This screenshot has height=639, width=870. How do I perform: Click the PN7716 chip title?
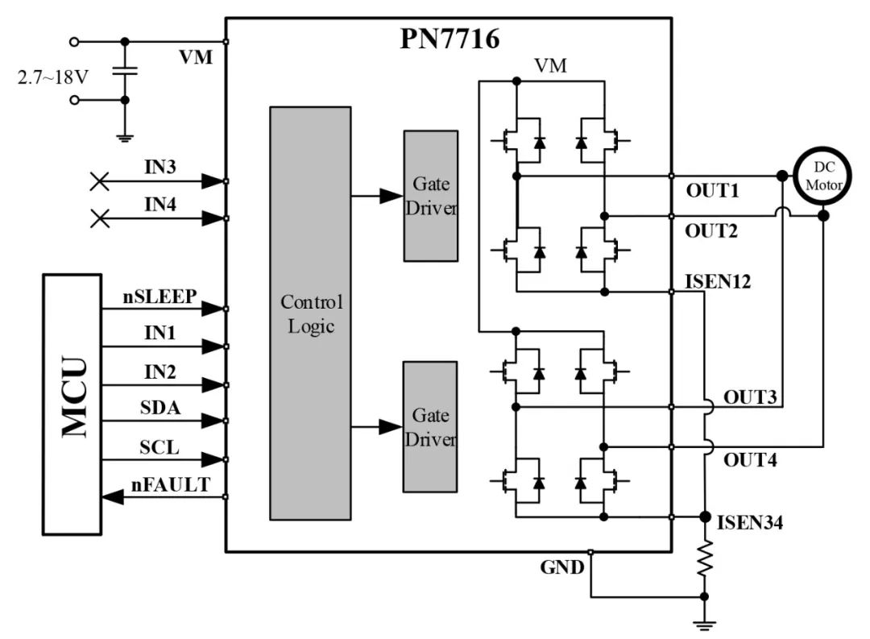tap(449, 39)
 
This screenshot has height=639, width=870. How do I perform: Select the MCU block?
tap(72, 405)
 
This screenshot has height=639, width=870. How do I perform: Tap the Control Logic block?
tap(310, 313)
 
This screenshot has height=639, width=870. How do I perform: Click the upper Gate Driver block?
tap(430, 196)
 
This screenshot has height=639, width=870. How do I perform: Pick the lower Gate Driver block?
tap(430, 427)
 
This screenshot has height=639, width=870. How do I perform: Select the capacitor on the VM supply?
tap(125, 71)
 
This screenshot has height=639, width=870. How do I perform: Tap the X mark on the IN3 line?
tap(100, 181)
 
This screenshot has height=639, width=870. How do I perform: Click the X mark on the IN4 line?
tap(100, 218)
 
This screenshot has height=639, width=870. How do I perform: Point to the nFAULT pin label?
tap(171, 484)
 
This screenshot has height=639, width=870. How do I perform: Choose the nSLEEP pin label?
tap(159, 297)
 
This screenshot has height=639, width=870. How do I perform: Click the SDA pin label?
tap(160, 408)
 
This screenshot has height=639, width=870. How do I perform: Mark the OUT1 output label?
tap(712, 190)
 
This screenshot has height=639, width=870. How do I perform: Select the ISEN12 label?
tap(718, 281)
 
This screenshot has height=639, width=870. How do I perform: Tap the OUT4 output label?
tap(750, 459)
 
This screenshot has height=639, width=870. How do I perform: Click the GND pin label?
tap(562, 567)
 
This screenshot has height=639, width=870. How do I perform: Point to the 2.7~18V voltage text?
tap(52, 77)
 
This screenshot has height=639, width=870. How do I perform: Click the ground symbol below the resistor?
tap(705, 624)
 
